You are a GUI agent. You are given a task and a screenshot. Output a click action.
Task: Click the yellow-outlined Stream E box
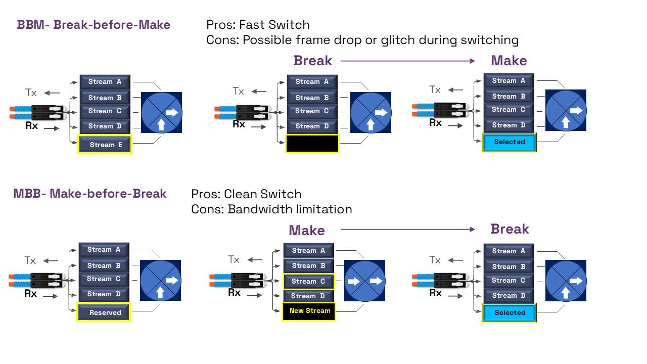click(x=105, y=145)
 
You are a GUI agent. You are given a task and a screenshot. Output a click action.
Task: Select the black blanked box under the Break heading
click(x=312, y=144)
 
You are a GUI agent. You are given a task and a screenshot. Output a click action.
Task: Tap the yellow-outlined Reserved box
click(x=104, y=312)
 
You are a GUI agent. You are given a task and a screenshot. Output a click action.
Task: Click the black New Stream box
click(x=309, y=311)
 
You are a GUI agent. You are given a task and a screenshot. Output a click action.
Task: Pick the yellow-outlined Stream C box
click(x=308, y=281)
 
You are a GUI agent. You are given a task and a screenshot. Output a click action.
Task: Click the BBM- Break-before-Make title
click(x=94, y=25)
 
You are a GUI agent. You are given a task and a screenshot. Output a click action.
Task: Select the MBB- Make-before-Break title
click(x=90, y=194)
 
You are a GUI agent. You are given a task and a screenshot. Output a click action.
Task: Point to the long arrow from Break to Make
click(x=407, y=61)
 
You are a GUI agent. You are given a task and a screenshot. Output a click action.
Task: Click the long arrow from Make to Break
click(x=407, y=230)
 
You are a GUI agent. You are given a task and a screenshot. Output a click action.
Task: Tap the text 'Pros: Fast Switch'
click(x=258, y=25)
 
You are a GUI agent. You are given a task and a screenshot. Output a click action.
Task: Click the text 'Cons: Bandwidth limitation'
click(x=271, y=209)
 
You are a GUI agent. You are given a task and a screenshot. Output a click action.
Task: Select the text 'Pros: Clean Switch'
click(x=246, y=194)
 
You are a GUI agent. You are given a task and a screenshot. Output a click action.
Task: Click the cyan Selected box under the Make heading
click(x=509, y=142)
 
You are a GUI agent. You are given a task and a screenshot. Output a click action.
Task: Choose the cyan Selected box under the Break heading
click(x=510, y=312)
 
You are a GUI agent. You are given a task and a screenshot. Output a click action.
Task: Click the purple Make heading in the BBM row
click(x=509, y=61)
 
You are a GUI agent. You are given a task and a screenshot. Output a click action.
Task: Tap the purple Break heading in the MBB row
click(x=510, y=229)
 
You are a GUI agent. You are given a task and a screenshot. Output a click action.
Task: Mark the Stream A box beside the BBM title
click(x=105, y=81)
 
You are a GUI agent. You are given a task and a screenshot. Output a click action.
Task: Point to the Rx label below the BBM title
click(x=31, y=126)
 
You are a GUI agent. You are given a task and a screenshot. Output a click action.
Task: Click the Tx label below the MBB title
click(x=30, y=261)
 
